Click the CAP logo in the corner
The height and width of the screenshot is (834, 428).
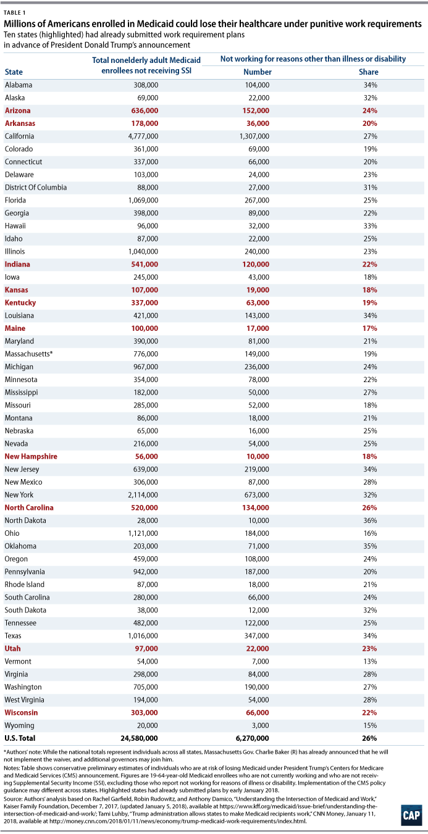pos(411,815)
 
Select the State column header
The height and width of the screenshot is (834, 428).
pos(14,72)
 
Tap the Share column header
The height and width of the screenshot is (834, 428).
pos(368,72)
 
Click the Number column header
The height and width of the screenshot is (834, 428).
pos(258,72)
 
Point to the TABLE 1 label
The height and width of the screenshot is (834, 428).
pos(15,13)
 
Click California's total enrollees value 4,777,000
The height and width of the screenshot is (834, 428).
pos(143,136)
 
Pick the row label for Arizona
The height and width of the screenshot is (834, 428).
pos(17,111)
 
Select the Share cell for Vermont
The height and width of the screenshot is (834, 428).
pos(371,661)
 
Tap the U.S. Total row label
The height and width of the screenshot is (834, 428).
pos(20,738)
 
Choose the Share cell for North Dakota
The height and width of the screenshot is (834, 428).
pos(371,520)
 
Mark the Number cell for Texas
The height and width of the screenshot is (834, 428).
pos(257,636)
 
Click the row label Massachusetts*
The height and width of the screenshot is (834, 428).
pos(28,354)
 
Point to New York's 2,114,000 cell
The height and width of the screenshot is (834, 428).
pos(143,495)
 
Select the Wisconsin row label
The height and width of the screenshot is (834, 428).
pos(21,712)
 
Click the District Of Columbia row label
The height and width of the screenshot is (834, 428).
pos(36,187)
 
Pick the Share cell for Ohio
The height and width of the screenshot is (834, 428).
pos(371,533)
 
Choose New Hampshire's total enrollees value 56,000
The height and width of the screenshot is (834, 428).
pos(146,456)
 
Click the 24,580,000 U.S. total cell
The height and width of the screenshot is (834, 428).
pos(140,738)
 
